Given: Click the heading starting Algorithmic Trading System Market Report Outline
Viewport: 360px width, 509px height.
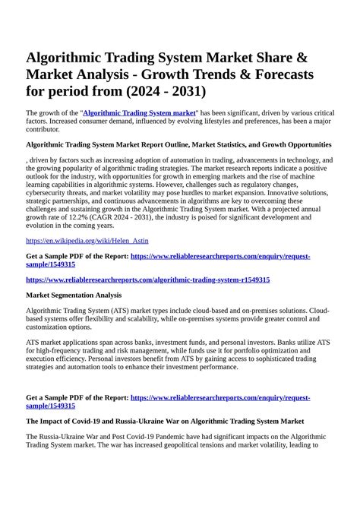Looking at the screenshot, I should [x=178, y=144].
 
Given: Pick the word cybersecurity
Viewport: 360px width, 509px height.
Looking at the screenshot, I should [x=54, y=192].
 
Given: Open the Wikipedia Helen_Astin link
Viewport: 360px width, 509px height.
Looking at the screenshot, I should [x=87, y=240].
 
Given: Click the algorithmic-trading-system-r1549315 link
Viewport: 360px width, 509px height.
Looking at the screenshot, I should [x=147, y=280].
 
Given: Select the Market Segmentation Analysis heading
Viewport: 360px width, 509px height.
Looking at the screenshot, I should [x=74, y=296].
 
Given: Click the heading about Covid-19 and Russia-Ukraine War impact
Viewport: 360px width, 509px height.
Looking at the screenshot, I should [x=165, y=420].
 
